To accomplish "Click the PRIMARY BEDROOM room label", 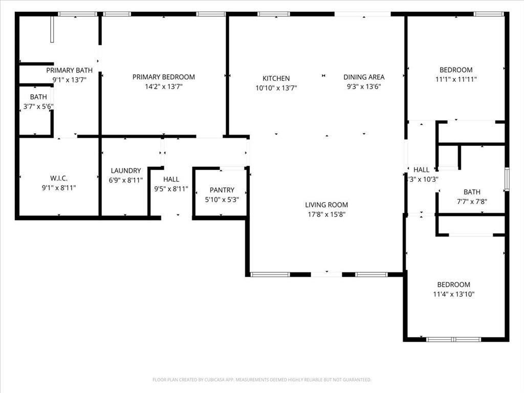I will coord(164,77).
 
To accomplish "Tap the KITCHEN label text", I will coord(276,78).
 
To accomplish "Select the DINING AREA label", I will coord(364,77).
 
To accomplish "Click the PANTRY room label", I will coord(222,190).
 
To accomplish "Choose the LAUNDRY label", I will coord(126,170).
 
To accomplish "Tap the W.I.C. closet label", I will coord(59,178).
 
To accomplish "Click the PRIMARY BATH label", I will coord(70,70).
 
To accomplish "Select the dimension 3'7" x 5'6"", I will coord(38,106).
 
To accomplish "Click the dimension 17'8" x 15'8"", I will coord(327,215).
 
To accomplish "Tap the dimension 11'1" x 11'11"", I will coord(456,79).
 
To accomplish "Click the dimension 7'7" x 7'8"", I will coord(472,201).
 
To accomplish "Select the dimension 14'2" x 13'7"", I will coord(164,86).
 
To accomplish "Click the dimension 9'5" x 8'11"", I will coord(171,188).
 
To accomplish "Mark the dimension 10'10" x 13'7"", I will coord(276,88).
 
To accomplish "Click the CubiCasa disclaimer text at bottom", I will coord(262,380).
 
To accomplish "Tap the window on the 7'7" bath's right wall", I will coord(507,179).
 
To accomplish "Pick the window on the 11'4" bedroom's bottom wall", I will coord(453,339).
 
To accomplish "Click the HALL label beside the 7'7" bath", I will coord(422,170).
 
